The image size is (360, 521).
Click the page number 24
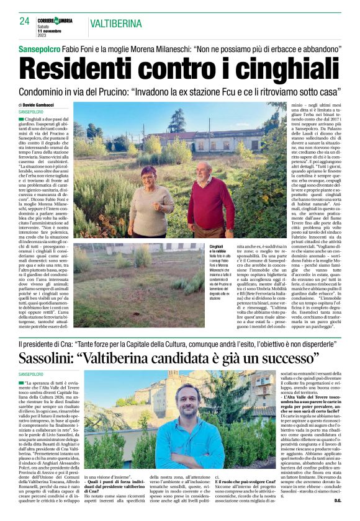click(x=24, y=21)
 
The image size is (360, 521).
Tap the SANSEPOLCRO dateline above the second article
click(x=32, y=375)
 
